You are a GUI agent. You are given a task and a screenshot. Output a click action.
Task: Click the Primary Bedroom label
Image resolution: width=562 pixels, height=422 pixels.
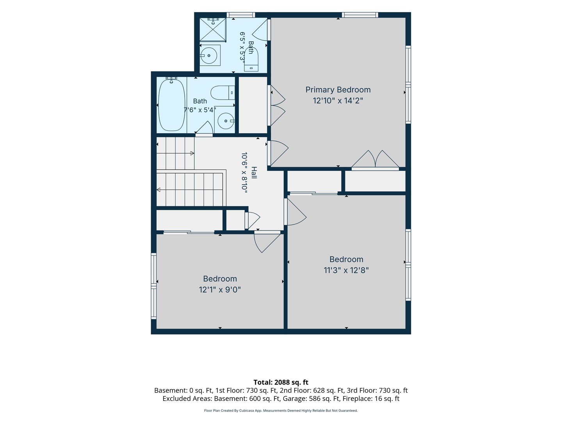point(338,90)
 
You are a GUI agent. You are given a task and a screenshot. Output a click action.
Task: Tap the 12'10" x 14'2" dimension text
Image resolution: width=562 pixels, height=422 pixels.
point(338,100)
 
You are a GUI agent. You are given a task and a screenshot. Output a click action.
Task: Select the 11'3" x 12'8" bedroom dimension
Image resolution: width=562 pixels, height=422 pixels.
point(346,270)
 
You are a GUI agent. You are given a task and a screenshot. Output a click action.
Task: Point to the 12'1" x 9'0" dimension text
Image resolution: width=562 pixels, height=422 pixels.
point(220,290)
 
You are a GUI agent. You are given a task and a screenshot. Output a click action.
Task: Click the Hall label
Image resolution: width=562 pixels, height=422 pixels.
point(254,172)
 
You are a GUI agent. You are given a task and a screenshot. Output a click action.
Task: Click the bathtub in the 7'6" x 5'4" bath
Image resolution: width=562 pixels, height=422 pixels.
point(172,105)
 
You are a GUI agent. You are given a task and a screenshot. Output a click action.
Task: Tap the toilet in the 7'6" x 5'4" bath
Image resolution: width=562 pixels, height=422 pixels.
point(222,93)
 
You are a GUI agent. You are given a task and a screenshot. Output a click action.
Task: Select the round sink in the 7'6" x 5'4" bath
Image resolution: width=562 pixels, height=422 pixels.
point(226,121)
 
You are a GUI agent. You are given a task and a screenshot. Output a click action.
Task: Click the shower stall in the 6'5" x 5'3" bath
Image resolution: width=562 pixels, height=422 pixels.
point(213,29)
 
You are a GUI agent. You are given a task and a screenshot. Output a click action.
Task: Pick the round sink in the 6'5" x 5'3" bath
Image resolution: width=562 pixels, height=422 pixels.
point(209,55)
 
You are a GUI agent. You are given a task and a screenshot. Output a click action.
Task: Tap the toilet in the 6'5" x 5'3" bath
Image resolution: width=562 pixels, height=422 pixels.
point(251,59)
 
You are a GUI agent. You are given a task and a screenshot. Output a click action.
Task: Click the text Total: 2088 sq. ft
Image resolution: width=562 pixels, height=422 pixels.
point(281,382)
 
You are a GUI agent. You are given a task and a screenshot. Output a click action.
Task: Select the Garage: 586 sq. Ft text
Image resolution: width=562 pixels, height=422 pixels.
point(324,399)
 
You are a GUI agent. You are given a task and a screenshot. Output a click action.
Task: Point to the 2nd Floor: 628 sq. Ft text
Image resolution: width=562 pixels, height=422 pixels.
point(311,390)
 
